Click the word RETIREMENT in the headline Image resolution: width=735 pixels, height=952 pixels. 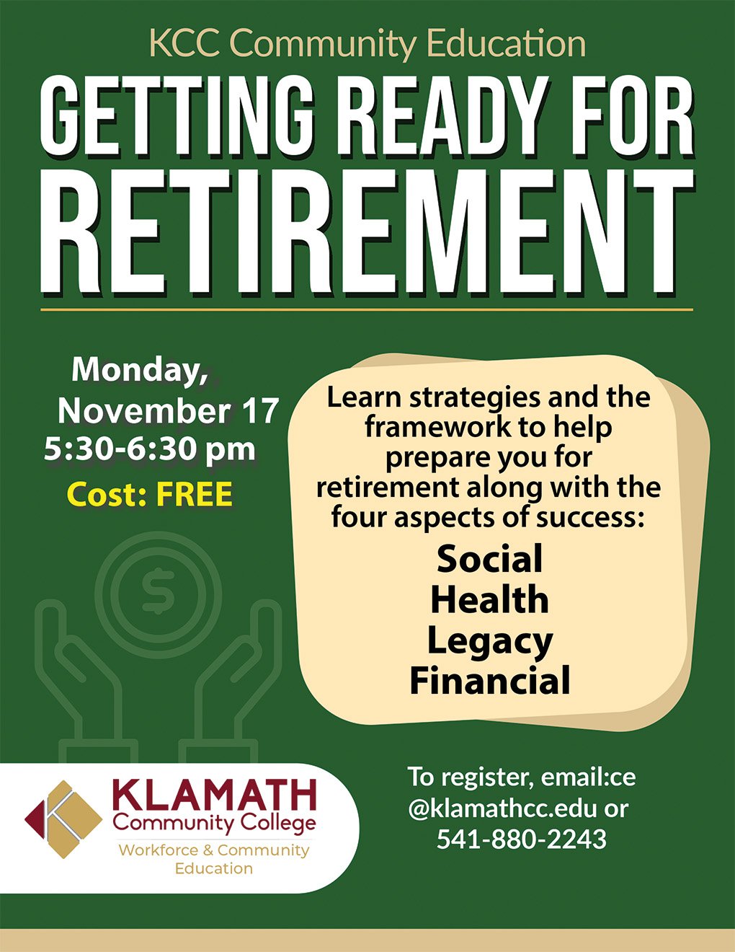point(366,232)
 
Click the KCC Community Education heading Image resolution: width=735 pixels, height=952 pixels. point(367,44)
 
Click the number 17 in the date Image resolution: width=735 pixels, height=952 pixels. point(262,411)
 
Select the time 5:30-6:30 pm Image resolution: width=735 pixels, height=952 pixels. point(150,450)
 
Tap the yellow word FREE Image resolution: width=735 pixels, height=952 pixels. point(195,494)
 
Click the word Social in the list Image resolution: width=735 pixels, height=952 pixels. point(490,559)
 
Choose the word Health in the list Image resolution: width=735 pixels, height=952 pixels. point(490,600)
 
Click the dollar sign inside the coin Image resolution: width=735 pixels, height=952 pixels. point(158,591)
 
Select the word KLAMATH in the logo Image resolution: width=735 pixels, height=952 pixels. point(215,795)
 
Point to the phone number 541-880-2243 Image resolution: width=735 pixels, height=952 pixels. point(522,839)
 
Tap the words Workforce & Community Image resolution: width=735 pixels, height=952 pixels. point(214,850)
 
